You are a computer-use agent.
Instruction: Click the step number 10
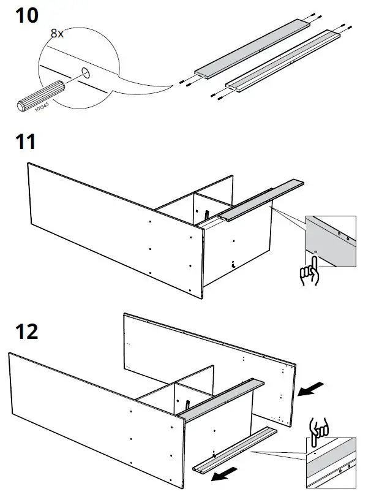pyautogui.click(x=26, y=16)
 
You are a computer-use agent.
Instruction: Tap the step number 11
pyautogui.click(x=24, y=142)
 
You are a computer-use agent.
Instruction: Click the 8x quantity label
pyautogui.click(x=58, y=34)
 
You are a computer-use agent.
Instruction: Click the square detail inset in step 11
pyautogui.click(x=331, y=241)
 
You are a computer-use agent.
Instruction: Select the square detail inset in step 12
pyautogui.click(x=331, y=462)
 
